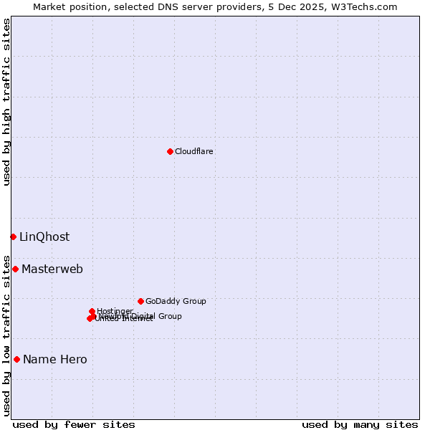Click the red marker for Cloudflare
point(170,151)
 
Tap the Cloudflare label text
point(194,151)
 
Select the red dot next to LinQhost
point(13,236)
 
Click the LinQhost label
point(44,237)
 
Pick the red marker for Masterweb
point(15,269)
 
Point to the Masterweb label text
point(52,269)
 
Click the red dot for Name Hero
point(16,359)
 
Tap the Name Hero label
point(55,360)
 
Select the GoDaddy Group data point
point(140,301)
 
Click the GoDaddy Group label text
point(176,301)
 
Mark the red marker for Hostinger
point(92,311)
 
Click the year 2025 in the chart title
point(313,6)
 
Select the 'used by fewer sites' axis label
point(74,424)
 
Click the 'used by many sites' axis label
point(360,424)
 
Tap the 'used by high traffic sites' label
point(6,102)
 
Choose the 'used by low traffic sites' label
point(6,335)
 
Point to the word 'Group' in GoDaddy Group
point(193,301)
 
